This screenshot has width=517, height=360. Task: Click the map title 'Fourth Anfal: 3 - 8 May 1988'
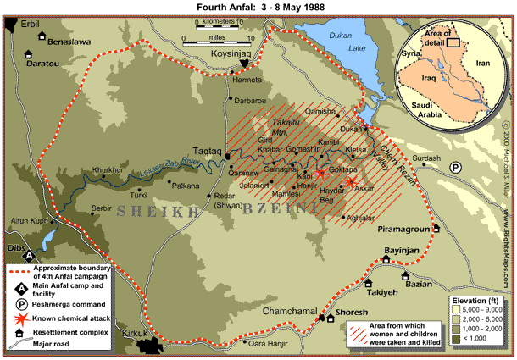pyautogui.click(x=258, y=7)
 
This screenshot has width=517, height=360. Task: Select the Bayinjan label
pyautogui.click(x=403, y=252)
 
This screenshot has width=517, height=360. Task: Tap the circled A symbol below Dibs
pyautogui.click(x=29, y=254)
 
